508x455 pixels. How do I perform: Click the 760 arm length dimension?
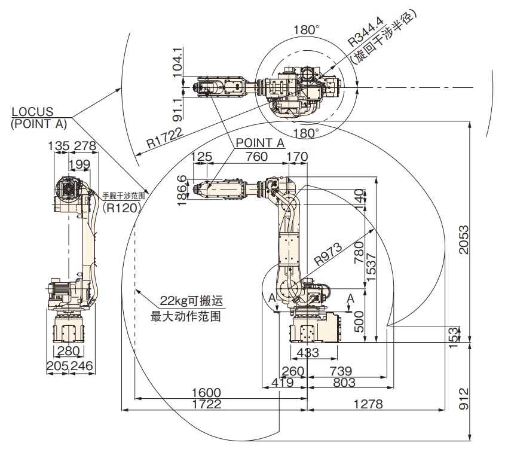tap(257, 157)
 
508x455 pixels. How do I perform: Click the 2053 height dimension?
tap(464, 239)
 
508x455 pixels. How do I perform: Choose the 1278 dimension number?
tap(368, 404)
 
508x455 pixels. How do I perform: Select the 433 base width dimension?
tap(308, 353)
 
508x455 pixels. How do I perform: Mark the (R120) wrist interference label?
tap(121, 207)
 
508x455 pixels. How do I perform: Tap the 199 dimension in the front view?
tap(79, 164)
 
